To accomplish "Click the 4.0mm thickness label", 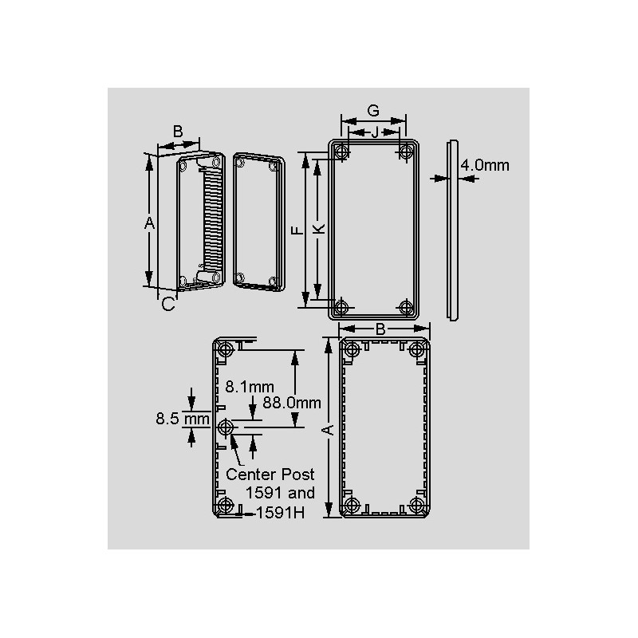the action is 485,165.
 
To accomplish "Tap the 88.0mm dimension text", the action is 292,403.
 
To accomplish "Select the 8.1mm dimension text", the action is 250,387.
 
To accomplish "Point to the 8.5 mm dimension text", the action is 183,419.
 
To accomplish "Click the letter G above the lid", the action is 373,111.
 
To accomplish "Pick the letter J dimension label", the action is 375,132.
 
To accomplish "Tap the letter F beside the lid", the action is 297,230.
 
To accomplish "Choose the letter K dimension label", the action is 320,229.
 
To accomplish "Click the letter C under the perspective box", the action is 168,304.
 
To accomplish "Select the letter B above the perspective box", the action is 178,132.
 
